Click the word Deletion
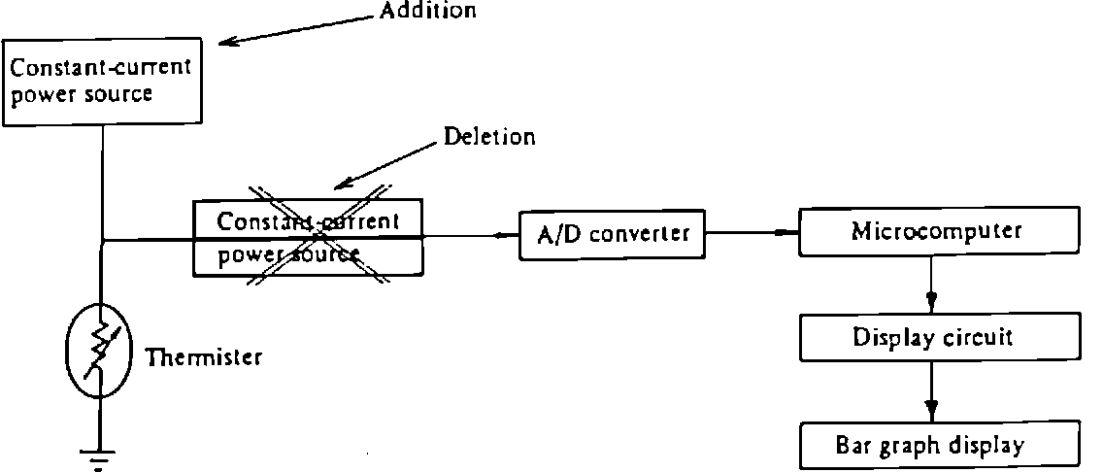tap(489, 137)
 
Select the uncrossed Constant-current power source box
tap(102, 82)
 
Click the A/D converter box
tap(613, 234)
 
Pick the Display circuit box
tap(932, 338)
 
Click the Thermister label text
tap(203, 358)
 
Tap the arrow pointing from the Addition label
tap(291, 29)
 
